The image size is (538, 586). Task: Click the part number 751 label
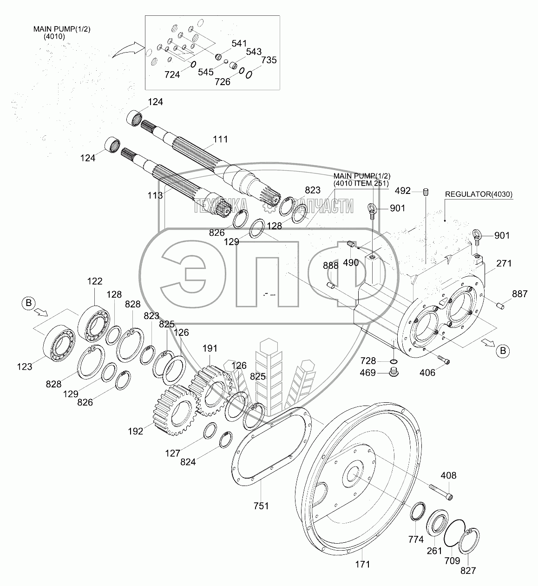click(x=262, y=506)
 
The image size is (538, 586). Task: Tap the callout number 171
click(x=362, y=564)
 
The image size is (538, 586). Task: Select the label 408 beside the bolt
click(x=449, y=475)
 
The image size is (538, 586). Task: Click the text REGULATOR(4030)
click(x=479, y=194)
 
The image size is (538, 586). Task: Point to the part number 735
click(x=269, y=60)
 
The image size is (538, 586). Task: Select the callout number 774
click(x=416, y=539)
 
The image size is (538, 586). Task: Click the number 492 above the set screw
click(x=403, y=190)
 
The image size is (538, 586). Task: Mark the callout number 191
click(x=210, y=348)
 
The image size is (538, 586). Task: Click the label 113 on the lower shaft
click(x=156, y=195)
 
